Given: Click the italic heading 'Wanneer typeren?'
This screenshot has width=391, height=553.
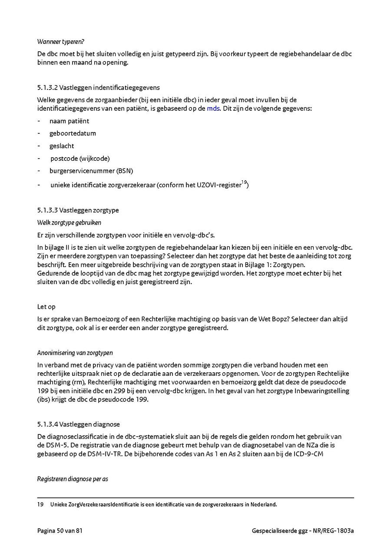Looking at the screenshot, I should pos(60,42).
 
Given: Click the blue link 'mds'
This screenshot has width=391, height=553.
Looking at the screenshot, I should pos(213,108).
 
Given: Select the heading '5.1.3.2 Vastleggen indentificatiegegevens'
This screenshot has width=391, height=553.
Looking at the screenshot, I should pos(99,88).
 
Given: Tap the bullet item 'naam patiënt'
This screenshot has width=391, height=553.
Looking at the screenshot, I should pos(69,121).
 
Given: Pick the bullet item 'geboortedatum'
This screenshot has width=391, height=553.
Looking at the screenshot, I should pos(73,133).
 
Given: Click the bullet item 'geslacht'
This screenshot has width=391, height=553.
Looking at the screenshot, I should pos(62,146).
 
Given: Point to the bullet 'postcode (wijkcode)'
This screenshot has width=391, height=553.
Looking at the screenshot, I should pos(80,158).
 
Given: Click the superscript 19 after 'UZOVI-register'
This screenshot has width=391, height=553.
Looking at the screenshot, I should pos(244,182).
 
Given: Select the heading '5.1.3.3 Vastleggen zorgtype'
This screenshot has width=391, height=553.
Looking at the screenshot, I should pos(78,210).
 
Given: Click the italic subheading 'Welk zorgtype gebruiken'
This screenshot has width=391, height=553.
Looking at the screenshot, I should pos(69,222).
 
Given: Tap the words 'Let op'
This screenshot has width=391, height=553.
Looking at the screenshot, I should pos(46,307).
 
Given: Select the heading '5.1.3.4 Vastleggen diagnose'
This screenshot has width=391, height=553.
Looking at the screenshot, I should pos(78,424).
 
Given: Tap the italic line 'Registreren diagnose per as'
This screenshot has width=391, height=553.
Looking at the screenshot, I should pos(73,479).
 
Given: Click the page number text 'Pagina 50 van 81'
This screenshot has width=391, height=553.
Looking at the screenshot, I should pos(60,531).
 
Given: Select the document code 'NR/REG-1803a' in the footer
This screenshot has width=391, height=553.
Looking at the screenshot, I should pos(334,531).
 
